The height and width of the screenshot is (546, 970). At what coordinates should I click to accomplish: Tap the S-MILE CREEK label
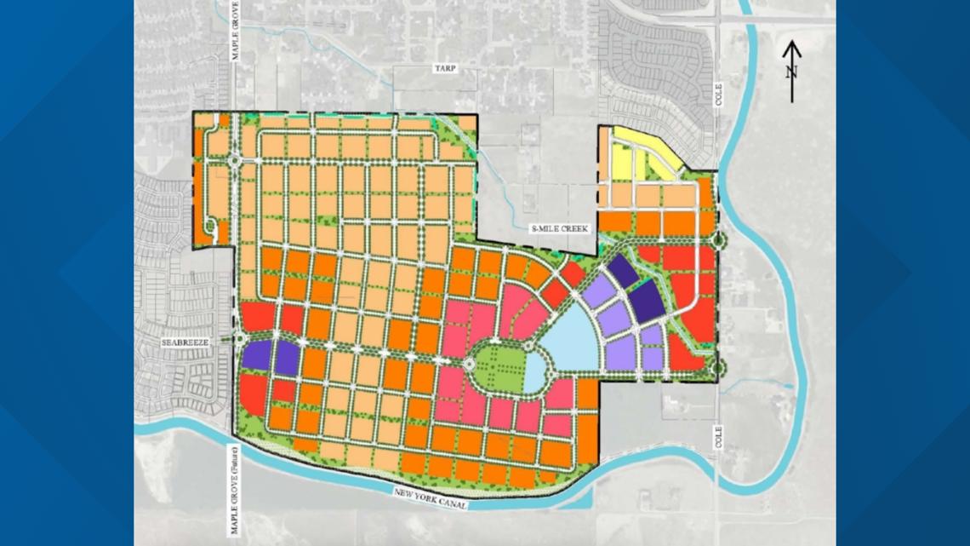point(560,228)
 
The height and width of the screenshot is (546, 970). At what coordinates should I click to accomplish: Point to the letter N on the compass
point(791,72)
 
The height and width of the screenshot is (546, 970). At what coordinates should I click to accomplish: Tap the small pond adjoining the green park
point(534,372)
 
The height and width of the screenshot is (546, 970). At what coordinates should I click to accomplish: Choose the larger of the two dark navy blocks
point(647,300)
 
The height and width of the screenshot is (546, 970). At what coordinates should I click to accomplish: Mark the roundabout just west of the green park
point(468,364)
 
